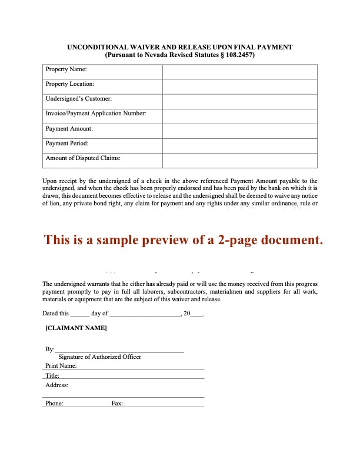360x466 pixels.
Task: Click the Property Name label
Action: pyautogui.click(x=65, y=70)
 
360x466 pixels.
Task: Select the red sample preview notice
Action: pyautogui.click(x=184, y=240)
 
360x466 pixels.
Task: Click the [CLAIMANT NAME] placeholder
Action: pyautogui.click(x=76, y=328)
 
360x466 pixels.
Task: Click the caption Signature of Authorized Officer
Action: pyautogui.click(x=100, y=357)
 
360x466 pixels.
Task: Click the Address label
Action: pyautogui.click(x=57, y=385)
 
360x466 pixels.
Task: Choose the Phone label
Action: pyautogui.click(x=54, y=404)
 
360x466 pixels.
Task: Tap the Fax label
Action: pyautogui.click(x=117, y=404)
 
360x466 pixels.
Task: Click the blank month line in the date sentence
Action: pyautogui.click(x=145, y=314)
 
